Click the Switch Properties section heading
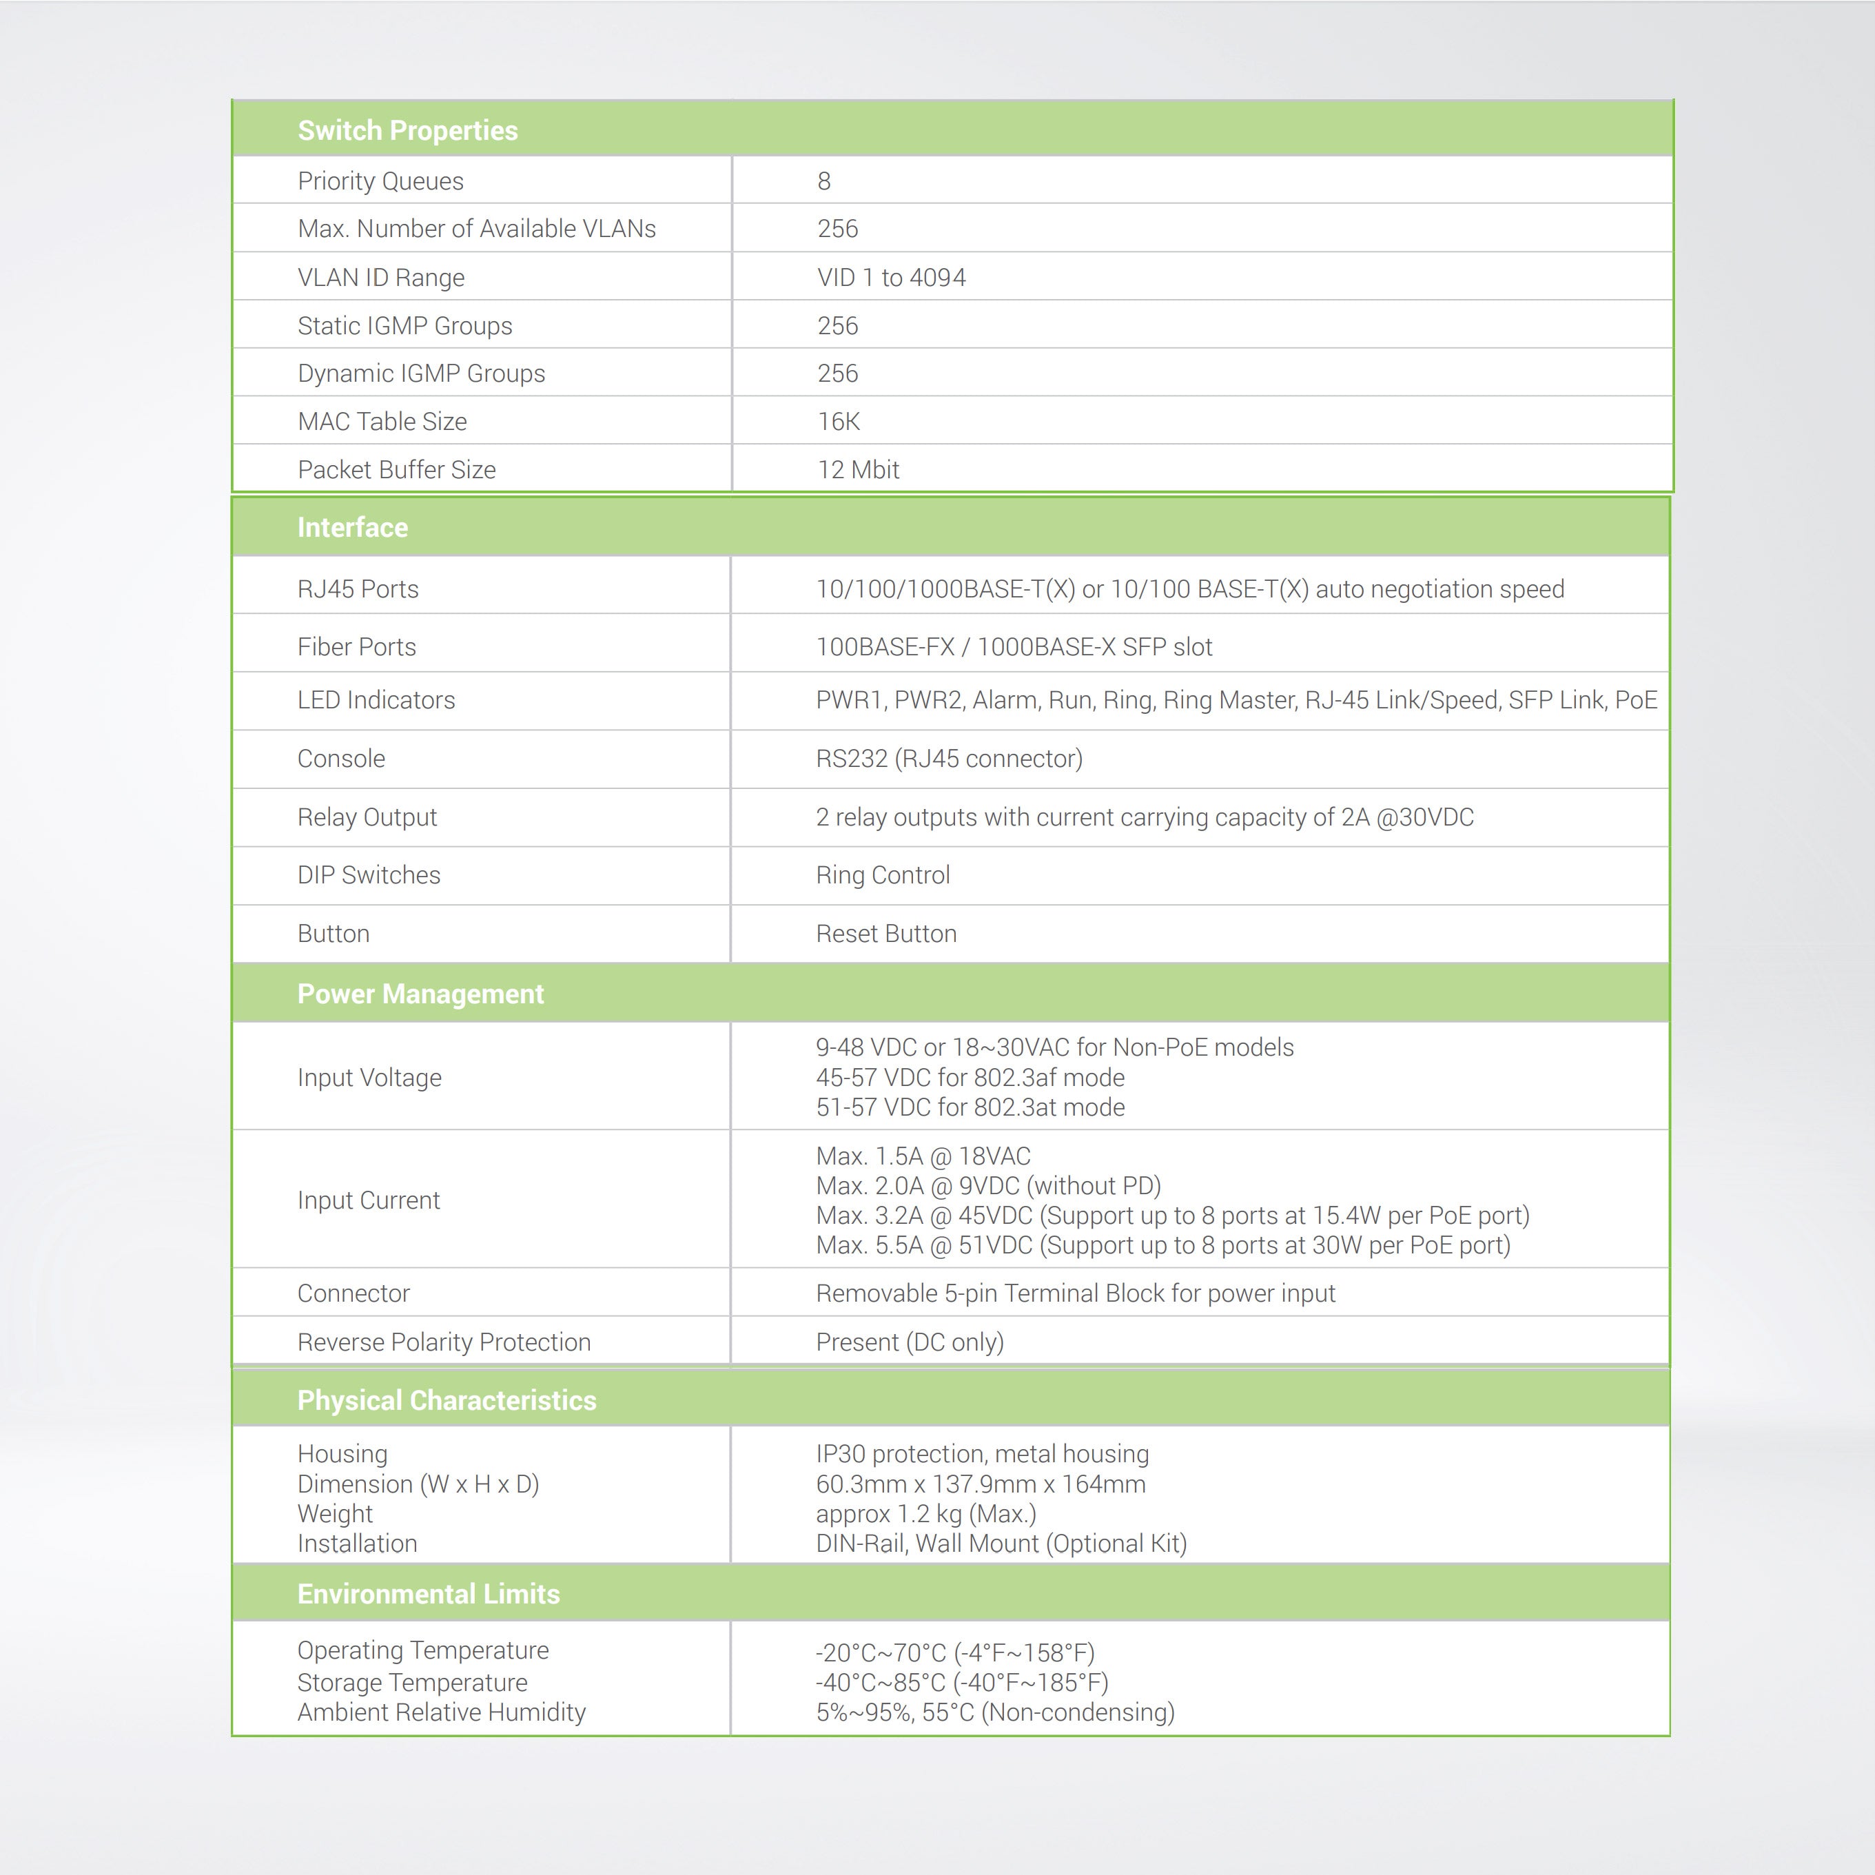(x=408, y=130)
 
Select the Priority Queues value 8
(x=824, y=181)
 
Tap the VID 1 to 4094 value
(x=891, y=278)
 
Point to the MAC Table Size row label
(x=382, y=421)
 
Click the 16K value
(x=839, y=421)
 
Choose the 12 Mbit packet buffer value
(x=858, y=470)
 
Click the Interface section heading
(x=352, y=527)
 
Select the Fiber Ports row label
(x=356, y=647)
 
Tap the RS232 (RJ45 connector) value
(x=949, y=759)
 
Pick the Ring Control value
(x=882, y=875)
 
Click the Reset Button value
(x=886, y=934)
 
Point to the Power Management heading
(x=420, y=994)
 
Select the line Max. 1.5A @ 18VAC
(x=923, y=1156)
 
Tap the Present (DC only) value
(x=910, y=1342)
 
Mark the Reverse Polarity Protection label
(x=444, y=1342)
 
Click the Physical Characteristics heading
(x=447, y=1400)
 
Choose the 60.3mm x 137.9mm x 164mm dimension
(x=980, y=1484)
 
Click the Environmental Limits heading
(x=428, y=1594)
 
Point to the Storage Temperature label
(x=413, y=1682)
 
